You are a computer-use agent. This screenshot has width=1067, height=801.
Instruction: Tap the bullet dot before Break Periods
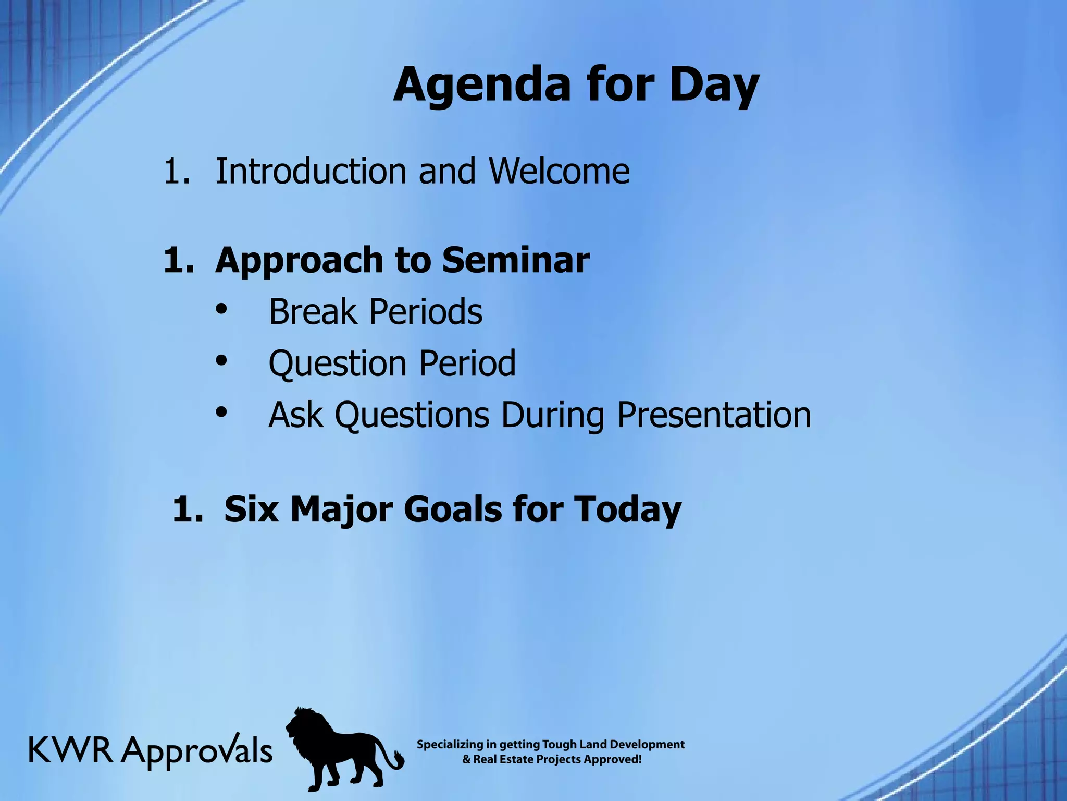[221, 309]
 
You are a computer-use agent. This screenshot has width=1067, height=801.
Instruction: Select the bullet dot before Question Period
[221, 360]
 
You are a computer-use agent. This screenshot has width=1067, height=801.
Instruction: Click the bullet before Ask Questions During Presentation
[221, 412]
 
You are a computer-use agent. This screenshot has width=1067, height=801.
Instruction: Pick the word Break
[312, 312]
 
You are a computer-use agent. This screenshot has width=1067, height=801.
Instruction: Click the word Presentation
[714, 415]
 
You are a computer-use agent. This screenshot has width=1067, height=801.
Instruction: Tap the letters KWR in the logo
[71, 751]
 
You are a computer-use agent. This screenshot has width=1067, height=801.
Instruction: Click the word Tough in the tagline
[557, 745]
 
